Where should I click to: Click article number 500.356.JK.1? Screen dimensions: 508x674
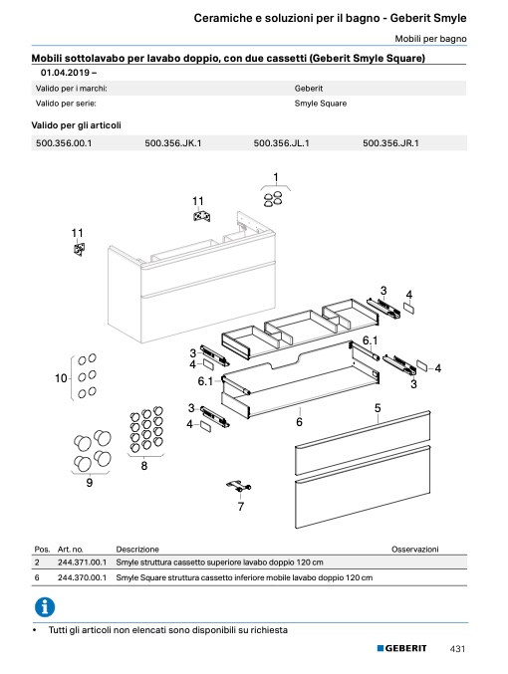[173, 143]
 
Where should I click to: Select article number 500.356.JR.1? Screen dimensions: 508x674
[390, 143]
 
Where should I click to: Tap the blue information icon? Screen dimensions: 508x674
[45, 607]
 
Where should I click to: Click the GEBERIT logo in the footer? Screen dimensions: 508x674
[401, 648]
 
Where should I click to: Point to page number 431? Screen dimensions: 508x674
[457, 648]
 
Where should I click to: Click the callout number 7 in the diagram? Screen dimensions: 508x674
[241, 507]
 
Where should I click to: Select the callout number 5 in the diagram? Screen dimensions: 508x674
[378, 407]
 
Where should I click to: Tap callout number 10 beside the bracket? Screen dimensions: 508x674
[61, 378]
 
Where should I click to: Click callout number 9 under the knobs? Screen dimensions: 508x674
[90, 482]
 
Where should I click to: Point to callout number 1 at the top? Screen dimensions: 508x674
[276, 177]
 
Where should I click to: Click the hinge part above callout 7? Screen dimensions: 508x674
[239, 486]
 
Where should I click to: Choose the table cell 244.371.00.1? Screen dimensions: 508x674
[82, 562]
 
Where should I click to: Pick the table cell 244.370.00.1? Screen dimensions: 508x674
[82, 577]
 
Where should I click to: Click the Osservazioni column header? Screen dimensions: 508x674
[415, 550]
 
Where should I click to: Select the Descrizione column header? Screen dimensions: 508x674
[137, 550]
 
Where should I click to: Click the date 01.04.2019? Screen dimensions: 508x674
[66, 73]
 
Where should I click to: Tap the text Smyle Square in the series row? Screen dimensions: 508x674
[321, 104]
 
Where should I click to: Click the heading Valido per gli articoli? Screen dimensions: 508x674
[76, 125]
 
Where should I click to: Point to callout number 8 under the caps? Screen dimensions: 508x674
[144, 466]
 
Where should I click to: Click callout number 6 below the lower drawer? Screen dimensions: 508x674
[300, 422]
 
